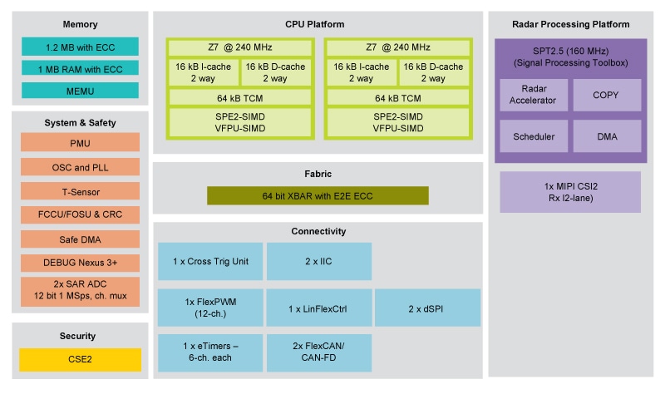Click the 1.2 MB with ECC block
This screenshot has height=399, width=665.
click(80, 47)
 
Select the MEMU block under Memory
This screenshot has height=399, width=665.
click(80, 90)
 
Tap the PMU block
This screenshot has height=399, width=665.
click(80, 144)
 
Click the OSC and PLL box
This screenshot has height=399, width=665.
click(80, 168)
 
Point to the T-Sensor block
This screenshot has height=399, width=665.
click(80, 192)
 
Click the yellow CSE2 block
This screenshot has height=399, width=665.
click(80, 360)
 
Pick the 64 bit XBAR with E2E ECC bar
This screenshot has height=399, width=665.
click(318, 196)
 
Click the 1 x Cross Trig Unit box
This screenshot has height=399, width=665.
click(210, 262)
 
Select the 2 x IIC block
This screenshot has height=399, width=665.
click(319, 262)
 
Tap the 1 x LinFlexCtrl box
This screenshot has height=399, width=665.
click(319, 308)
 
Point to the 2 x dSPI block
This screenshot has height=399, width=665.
click(427, 308)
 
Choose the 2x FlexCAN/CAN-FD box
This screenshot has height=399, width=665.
click(319, 352)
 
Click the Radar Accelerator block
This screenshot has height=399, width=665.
click(534, 96)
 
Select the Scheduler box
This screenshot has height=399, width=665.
click(534, 136)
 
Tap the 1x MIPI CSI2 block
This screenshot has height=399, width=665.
click(570, 192)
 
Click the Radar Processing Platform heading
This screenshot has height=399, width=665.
click(570, 24)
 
